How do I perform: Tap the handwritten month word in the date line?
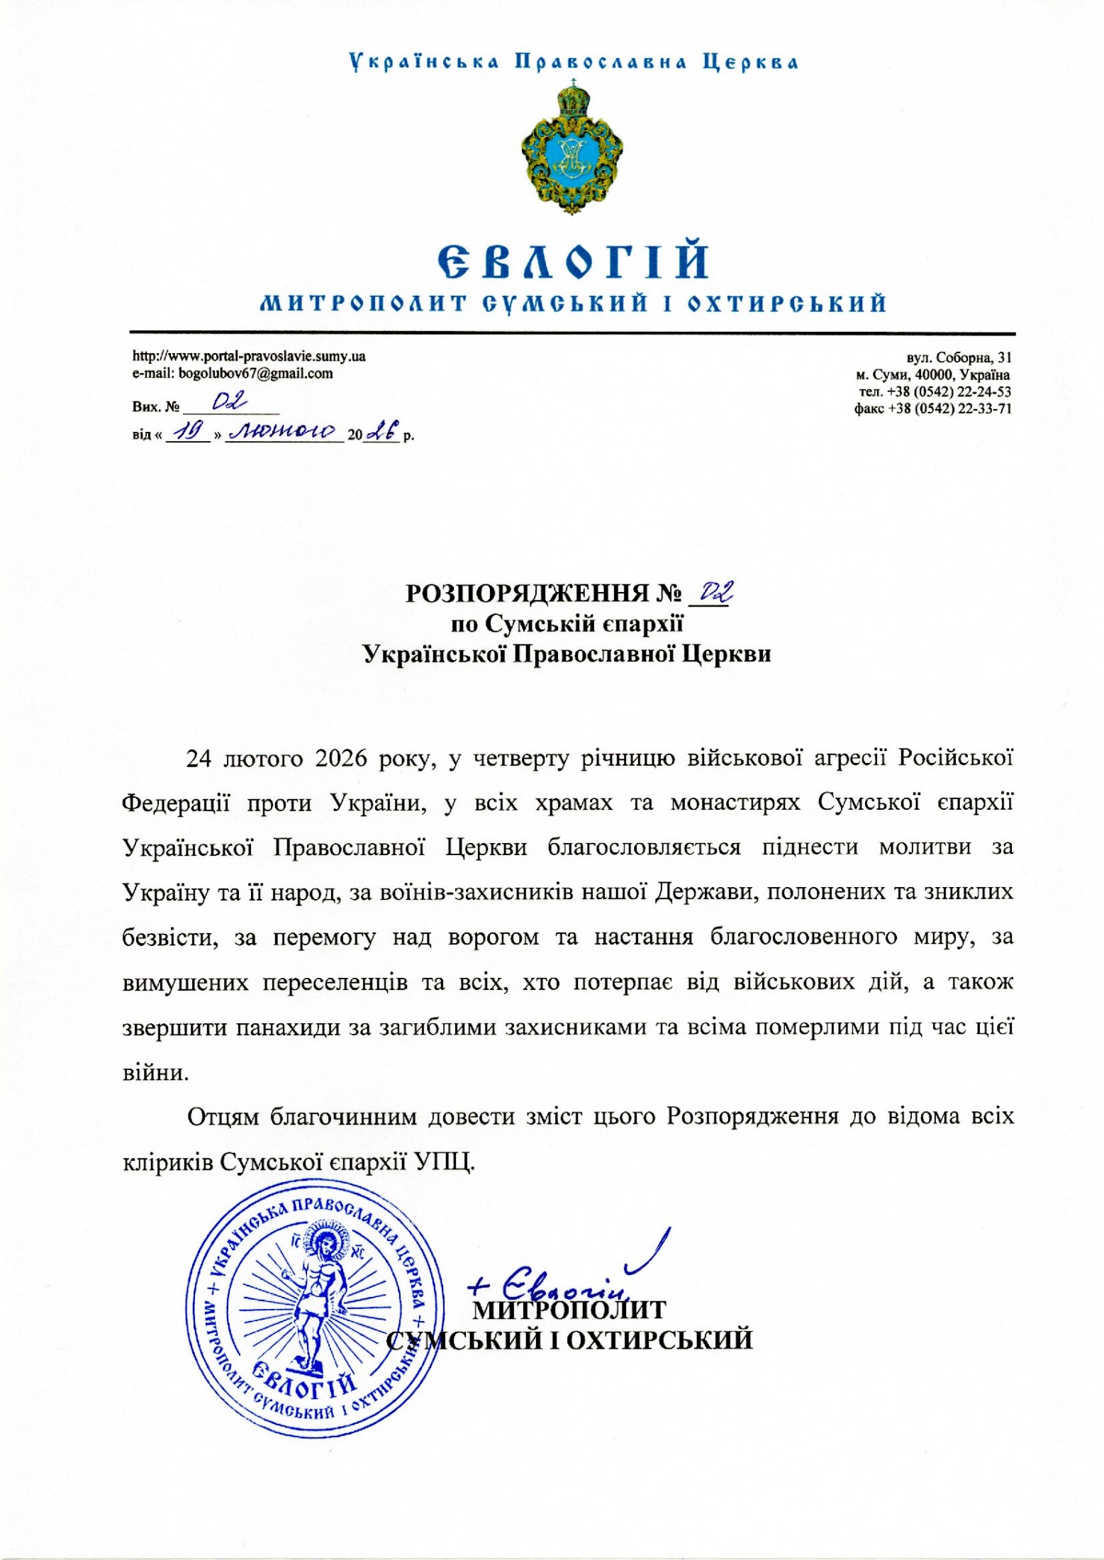284,431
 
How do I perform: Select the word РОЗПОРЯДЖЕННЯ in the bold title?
527,593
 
